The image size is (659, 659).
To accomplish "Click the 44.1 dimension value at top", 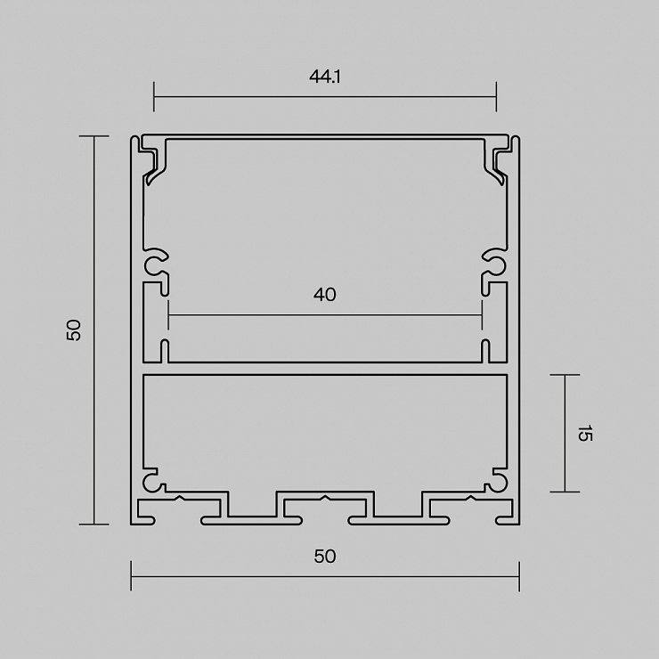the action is (324, 77).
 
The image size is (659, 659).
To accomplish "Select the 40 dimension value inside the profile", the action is (324, 295).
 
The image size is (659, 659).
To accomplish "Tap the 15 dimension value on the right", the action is (584, 434).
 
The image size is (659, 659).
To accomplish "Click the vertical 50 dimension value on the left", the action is (74, 329).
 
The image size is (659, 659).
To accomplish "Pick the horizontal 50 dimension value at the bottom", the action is (325, 557).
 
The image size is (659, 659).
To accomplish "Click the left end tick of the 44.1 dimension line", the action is (154, 97).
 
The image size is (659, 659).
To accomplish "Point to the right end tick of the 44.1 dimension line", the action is (496, 97).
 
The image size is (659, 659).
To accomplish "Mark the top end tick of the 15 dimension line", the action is (565, 374).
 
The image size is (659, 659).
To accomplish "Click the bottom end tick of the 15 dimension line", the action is (565, 492).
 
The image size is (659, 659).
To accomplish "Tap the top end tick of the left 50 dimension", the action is (94, 136).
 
